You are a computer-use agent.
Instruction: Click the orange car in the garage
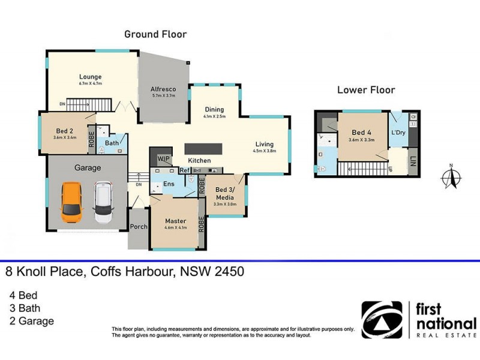[x=71, y=202]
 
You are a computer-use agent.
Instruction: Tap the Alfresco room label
[x=163, y=88]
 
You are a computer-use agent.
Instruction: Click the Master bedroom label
[x=176, y=221]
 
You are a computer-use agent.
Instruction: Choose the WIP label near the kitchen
[x=163, y=158]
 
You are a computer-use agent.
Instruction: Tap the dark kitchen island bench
[x=203, y=148]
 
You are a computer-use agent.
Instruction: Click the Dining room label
[x=214, y=109]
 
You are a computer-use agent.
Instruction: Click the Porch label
[x=139, y=227]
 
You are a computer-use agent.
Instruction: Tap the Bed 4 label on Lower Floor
[x=361, y=132]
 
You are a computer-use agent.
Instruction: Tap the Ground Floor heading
[x=155, y=34]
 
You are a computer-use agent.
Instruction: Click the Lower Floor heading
[x=366, y=90]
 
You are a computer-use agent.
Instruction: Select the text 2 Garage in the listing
[x=31, y=321]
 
